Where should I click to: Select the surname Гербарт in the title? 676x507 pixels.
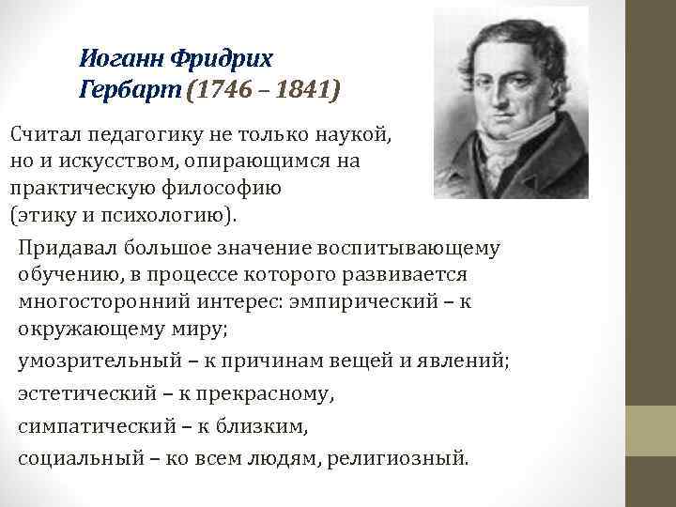pos(131,92)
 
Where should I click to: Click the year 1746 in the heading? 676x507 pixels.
pos(223,92)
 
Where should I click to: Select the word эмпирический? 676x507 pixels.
pos(383,302)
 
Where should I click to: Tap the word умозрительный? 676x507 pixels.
pos(88,362)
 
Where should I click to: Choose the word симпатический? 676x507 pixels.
pos(85,427)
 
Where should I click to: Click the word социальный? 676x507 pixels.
pos(72,459)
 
